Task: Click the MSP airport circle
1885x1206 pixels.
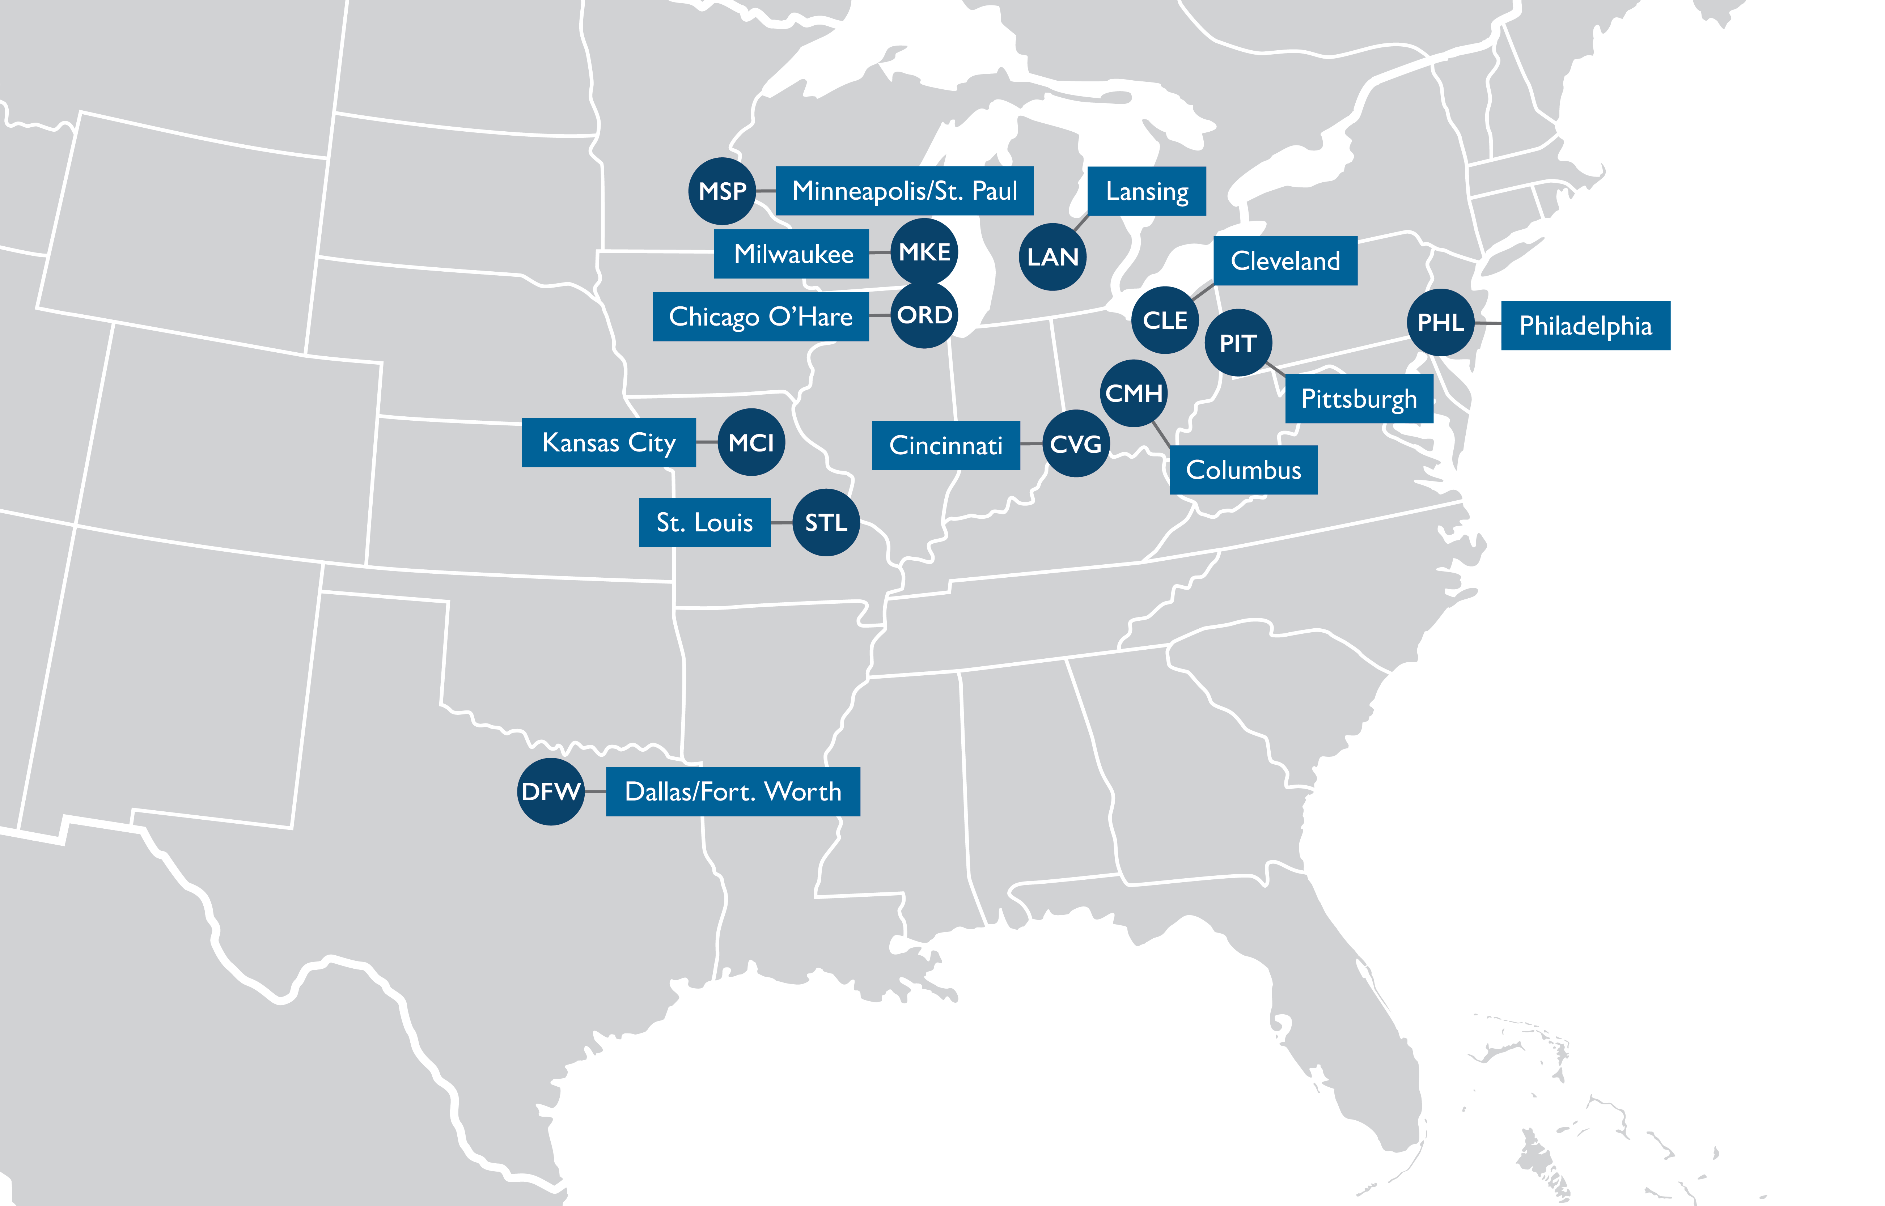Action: pos(721,191)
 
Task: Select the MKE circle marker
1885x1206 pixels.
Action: pos(924,252)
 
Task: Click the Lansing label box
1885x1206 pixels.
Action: pos(1147,191)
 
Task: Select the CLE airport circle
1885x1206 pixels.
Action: pos(1165,320)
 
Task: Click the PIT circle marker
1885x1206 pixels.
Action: pos(1237,343)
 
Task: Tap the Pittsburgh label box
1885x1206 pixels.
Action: pos(1359,399)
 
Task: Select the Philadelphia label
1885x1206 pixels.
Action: pos(1585,326)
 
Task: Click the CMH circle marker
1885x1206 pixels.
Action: pos(1133,393)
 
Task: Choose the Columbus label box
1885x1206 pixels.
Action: pos(1243,470)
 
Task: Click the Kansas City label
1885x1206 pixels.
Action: pos(609,442)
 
